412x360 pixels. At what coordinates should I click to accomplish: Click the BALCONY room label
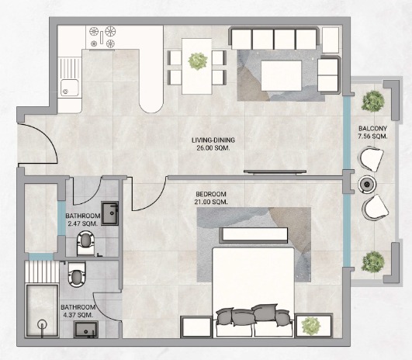pyautogui.click(x=372, y=129)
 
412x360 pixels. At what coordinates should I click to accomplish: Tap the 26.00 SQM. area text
pyautogui.click(x=213, y=148)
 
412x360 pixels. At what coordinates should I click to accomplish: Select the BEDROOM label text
pyautogui.click(x=211, y=194)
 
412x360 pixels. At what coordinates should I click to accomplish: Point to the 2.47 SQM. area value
pyautogui.click(x=83, y=223)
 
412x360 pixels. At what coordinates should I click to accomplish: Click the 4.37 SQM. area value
pyautogui.click(x=78, y=315)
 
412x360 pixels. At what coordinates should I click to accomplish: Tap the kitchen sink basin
pyautogui.click(x=69, y=88)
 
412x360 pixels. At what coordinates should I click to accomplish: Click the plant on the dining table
pyautogui.click(x=198, y=61)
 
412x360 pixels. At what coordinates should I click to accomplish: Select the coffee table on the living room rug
pyautogui.click(x=281, y=76)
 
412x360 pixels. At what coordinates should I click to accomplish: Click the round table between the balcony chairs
pyautogui.click(x=366, y=185)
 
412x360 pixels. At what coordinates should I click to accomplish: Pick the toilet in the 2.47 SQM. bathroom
pyautogui.click(x=85, y=243)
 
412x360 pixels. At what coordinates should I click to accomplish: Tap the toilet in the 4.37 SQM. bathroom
pyautogui.click(x=77, y=274)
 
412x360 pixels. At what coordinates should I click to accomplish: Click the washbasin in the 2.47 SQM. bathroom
pyautogui.click(x=110, y=213)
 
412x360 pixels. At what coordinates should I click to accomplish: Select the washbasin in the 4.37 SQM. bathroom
pyautogui.click(x=86, y=329)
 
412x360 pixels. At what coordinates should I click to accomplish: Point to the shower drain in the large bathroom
pyautogui.click(x=42, y=324)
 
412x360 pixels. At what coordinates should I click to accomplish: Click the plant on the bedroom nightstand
pyautogui.click(x=311, y=326)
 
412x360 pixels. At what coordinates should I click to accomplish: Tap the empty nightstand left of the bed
pyautogui.click(x=196, y=327)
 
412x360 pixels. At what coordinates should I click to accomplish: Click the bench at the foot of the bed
pyautogui.click(x=254, y=234)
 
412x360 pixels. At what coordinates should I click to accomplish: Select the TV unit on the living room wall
pyautogui.click(x=275, y=172)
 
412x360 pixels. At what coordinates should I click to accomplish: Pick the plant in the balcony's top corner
pyautogui.click(x=372, y=101)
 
